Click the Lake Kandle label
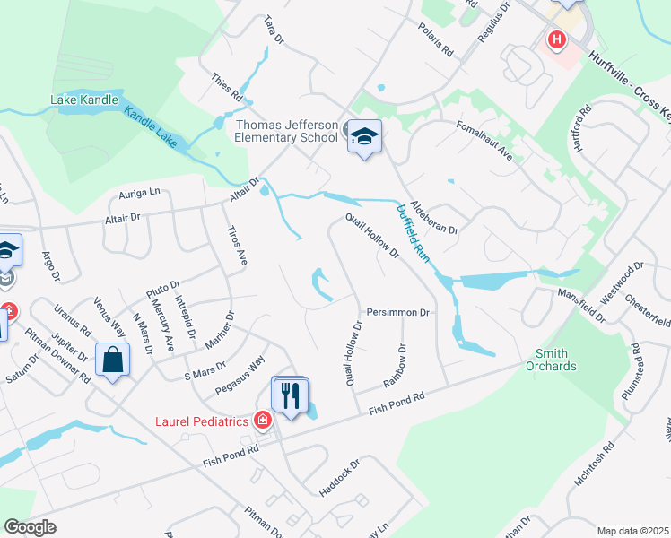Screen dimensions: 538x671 coord(85,100)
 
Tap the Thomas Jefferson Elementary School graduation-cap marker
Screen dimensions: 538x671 coord(364,137)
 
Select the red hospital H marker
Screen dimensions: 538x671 coord(557,40)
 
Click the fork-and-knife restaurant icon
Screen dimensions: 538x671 coord(290,395)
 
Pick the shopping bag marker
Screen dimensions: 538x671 coord(116,360)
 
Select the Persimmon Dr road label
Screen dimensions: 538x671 coord(399,313)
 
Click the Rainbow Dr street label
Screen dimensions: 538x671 coord(396,367)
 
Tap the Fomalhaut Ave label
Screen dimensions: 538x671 coord(484,141)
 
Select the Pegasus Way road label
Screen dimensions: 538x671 coord(240,377)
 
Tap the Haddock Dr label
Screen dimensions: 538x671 coord(339,479)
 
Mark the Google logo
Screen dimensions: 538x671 coord(30,527)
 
